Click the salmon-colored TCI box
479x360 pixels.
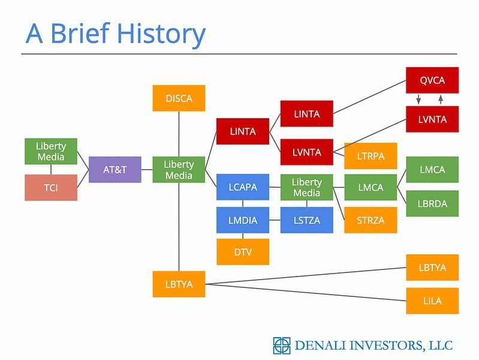tap(51, 188)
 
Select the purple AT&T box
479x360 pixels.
tap(115, 169)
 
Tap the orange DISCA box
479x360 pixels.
tap(179, 98)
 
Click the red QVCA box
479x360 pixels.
tap(432, 80)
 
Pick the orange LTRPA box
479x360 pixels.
tap(370, 156)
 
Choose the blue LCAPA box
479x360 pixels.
tap(242, 187)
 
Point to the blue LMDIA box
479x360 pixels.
tap(242, 220)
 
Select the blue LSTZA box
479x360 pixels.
tap(306, 220)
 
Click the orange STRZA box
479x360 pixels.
tap(370, 220)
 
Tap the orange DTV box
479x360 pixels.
tap(242, 252)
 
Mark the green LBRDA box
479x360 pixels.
tap(432, 203)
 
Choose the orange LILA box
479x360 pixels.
tap(432, 301)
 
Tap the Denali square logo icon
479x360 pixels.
tap(281, 345)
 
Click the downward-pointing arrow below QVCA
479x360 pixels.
tap(418, 99)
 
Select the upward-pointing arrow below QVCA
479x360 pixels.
tap(441, 99)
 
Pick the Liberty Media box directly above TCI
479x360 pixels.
tap(51, 152)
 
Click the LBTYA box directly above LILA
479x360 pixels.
tap(432, 268)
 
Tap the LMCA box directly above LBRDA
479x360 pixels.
tap(432, 170)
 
